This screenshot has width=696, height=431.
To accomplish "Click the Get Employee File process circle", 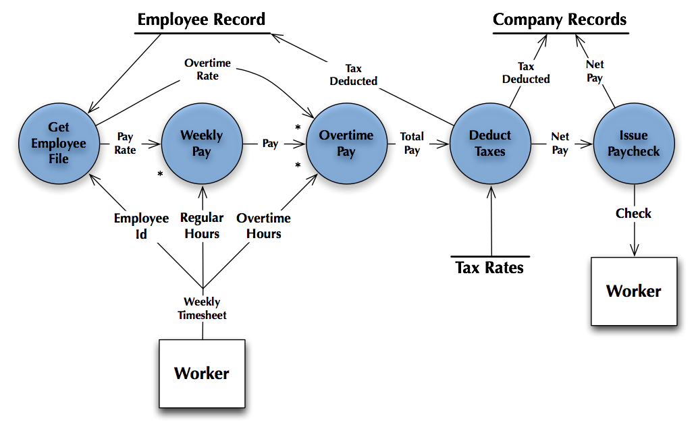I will [x=59, y=143].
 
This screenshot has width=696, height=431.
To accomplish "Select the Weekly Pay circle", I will [x=201, y=143].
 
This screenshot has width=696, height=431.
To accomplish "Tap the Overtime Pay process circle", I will [x=346, y=143].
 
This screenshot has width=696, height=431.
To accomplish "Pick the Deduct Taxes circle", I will [x=490, y=143].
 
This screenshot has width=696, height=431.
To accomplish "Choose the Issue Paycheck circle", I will [x=633, y=143].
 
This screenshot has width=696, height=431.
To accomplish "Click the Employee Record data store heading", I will [x=201, y=20].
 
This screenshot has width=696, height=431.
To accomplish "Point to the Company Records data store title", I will [x=560, y=20].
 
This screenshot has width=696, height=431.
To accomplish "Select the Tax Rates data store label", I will [x=489, y=268].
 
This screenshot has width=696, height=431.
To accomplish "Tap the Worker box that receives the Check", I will [x=634, y=291].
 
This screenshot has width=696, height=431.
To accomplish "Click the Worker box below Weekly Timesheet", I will [x=202, y=374].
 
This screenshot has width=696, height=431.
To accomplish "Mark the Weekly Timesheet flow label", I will [x=202, y=308].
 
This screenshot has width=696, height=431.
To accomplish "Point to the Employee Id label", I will [x=141, y=226].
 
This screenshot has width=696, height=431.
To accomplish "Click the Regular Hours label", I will [x=202, y=226].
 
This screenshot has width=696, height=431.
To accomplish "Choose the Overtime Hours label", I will [x=263, y=226].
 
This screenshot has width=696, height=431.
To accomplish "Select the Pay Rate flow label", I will [x=125, y=144].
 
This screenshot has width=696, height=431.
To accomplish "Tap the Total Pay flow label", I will [x=412, y=143].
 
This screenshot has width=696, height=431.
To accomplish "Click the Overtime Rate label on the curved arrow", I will [x=207, y=69].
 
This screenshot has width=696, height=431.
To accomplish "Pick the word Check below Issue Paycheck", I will [x=633, y=214].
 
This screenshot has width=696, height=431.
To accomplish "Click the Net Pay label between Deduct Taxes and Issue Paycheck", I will [x=560, y=143].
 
